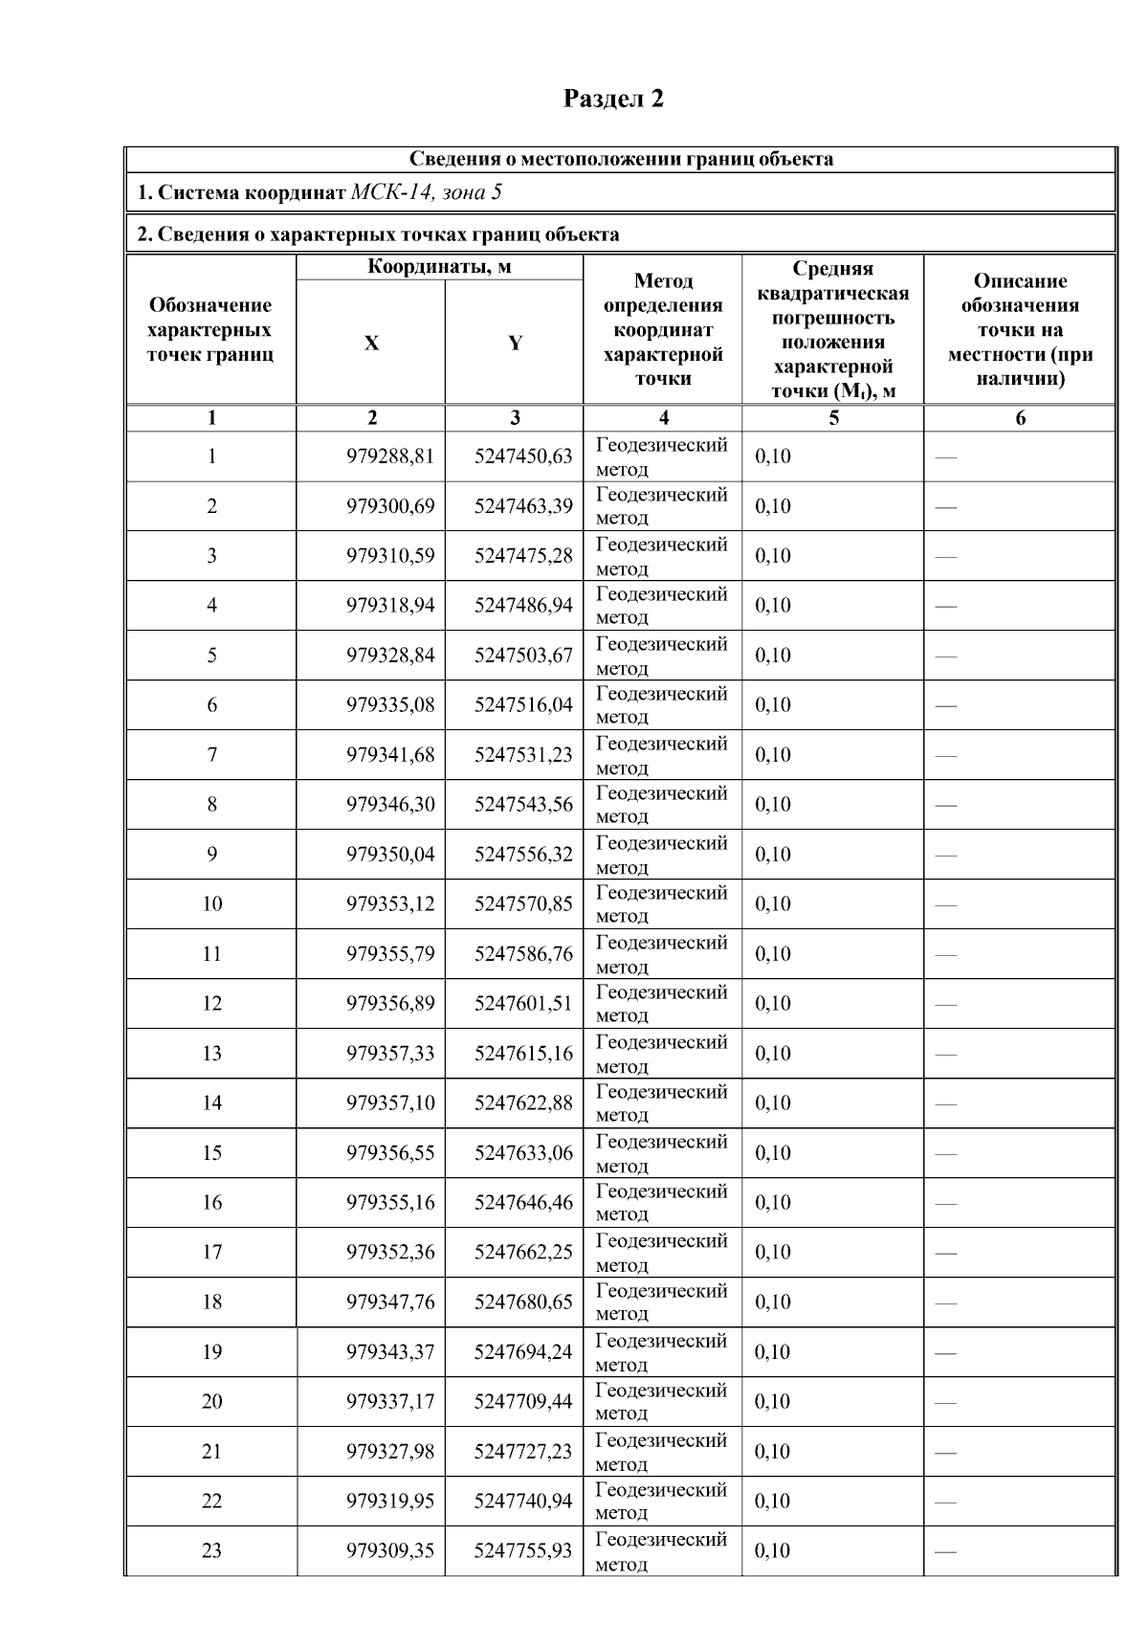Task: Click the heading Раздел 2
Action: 613,99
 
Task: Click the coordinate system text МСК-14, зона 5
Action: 427,193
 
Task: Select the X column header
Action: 371,343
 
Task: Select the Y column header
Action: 515,343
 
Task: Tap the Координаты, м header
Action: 439,267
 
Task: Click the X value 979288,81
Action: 390,456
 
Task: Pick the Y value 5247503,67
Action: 523,656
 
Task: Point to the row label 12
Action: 211,1004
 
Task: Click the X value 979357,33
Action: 390,1054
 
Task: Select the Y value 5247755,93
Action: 523,1551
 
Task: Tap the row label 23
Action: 211,1551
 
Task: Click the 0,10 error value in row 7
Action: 773,755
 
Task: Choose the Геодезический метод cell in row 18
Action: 661,1302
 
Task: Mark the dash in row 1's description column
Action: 945,457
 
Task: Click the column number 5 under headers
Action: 833,418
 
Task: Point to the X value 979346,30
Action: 390,805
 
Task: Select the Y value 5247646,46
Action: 523,1203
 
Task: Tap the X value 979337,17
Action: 390,1402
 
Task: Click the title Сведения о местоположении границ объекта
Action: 621,160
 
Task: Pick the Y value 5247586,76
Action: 523,954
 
